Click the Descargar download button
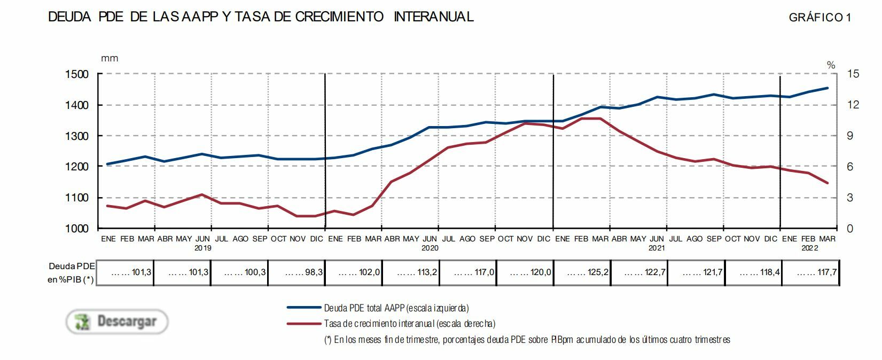(117, 322)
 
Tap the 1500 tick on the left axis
(77, 74)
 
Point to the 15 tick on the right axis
(853, 74)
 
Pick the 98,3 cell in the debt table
(296, 272)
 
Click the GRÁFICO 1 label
(819, 18)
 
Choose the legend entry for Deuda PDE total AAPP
(396, 308)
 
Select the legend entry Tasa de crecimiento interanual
(409, 323)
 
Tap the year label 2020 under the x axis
(430, 248)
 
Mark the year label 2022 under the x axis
(808, 248)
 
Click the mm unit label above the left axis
(110, 58)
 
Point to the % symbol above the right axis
(831, 65)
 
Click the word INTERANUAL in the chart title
(433, 17)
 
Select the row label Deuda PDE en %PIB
(71, 272)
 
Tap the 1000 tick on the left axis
(77, 229)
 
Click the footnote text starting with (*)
(527, 340)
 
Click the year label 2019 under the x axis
(202, 248)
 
